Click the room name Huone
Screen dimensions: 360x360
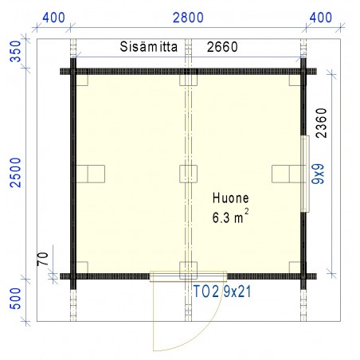231,200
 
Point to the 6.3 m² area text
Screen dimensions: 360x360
231,217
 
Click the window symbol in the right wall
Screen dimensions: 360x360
306,174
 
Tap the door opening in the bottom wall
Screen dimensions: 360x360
189,276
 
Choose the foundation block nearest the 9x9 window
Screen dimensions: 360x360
282,173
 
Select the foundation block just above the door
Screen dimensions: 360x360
189,267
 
